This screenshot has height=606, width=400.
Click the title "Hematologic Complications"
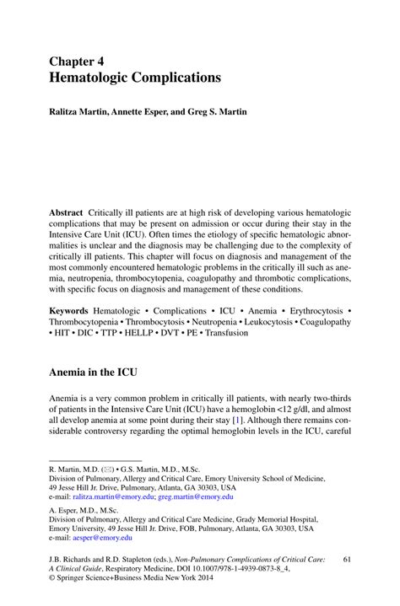[x=135, y=78]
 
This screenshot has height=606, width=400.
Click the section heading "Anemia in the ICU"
[x=93, y=371]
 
